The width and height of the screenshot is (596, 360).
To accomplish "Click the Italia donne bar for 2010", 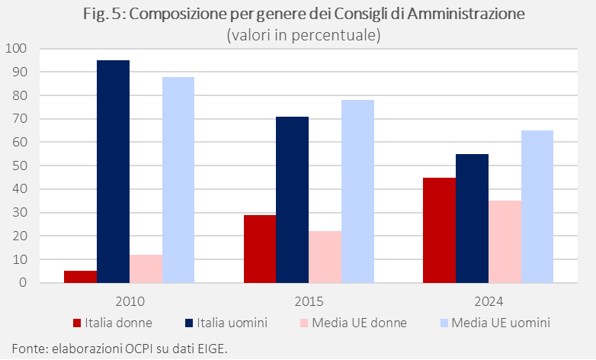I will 80,277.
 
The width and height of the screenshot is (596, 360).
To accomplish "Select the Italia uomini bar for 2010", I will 113,172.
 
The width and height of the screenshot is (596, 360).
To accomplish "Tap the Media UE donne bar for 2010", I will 146,268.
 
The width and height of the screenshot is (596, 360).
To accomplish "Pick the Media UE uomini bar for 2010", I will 178,180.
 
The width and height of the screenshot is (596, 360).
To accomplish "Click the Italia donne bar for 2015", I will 259,249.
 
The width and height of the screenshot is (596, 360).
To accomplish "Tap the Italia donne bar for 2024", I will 439,230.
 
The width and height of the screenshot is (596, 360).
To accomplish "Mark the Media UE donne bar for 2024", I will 505,242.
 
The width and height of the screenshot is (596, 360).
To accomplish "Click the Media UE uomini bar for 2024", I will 537,207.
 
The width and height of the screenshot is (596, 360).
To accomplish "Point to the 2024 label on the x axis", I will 488,300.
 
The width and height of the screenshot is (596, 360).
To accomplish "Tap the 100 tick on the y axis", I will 16,49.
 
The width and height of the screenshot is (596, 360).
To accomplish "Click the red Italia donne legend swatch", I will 78,323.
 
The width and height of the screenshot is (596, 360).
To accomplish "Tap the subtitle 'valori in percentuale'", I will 303,34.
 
